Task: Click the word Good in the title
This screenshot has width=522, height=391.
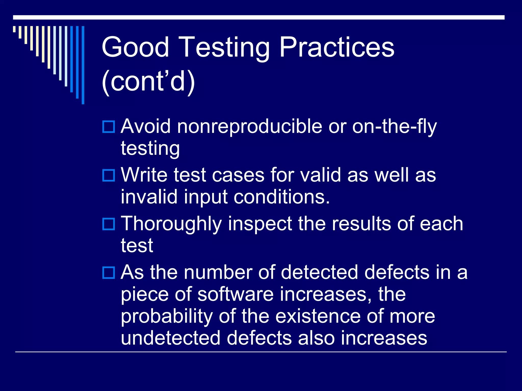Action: [135, 47]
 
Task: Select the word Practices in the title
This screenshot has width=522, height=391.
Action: [337, 47]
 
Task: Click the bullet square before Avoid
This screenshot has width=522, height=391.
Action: [109, 127]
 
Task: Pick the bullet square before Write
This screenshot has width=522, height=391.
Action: [109, 175]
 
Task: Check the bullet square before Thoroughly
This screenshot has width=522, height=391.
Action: [109, 224]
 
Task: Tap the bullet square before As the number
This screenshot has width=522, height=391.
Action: [109, 273]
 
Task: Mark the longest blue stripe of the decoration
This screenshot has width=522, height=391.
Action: [83, 65]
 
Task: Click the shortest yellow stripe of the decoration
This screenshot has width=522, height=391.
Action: [14, 29]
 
